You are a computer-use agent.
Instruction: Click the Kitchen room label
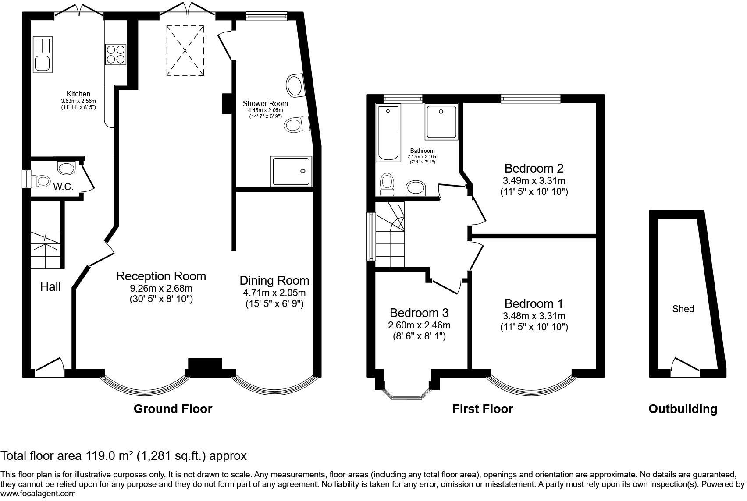click(78, 94)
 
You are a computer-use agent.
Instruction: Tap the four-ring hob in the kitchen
click(116, 55)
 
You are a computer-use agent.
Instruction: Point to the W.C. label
click(63, 187)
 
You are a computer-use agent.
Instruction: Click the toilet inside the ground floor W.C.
click(43, 180)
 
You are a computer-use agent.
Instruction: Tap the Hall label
click(50, 287)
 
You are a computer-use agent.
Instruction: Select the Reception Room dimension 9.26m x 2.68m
click(161, 289)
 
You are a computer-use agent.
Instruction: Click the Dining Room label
click(274, 280)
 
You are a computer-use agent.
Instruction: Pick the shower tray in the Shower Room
click(292, 171)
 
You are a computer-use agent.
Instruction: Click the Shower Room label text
click(265, 104)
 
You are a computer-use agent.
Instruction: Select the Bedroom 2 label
click(534, 168)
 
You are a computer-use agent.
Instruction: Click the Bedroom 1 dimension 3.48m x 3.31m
click(534, 316)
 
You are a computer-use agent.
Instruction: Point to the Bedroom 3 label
click(419, 313)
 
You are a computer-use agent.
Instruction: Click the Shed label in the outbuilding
click(683, 309)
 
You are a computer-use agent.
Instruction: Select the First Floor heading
click(482, 409)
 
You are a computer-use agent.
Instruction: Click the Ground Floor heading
click(173, 409)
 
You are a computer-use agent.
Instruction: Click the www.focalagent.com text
click(38, 494)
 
